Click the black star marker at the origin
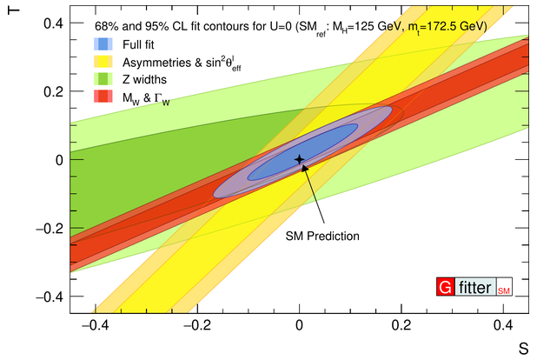point(299,159)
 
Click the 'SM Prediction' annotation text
point(322,236)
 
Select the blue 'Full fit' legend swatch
point(103,43)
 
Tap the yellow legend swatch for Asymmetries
point(103,62)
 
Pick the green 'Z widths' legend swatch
point(103,79)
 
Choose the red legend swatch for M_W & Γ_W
point(103,97)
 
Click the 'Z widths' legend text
point(144,79)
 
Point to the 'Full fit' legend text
point(138,44)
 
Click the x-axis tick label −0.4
point(96,325)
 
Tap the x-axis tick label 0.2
point(401,325)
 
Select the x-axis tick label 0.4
point(503,325)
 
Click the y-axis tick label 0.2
point(53,91)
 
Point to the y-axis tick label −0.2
point(50,229)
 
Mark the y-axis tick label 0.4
point(53,23)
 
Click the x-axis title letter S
point(523,349)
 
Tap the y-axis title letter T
point(13,10)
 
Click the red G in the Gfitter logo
point(445,287)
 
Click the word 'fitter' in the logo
point(475,287)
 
